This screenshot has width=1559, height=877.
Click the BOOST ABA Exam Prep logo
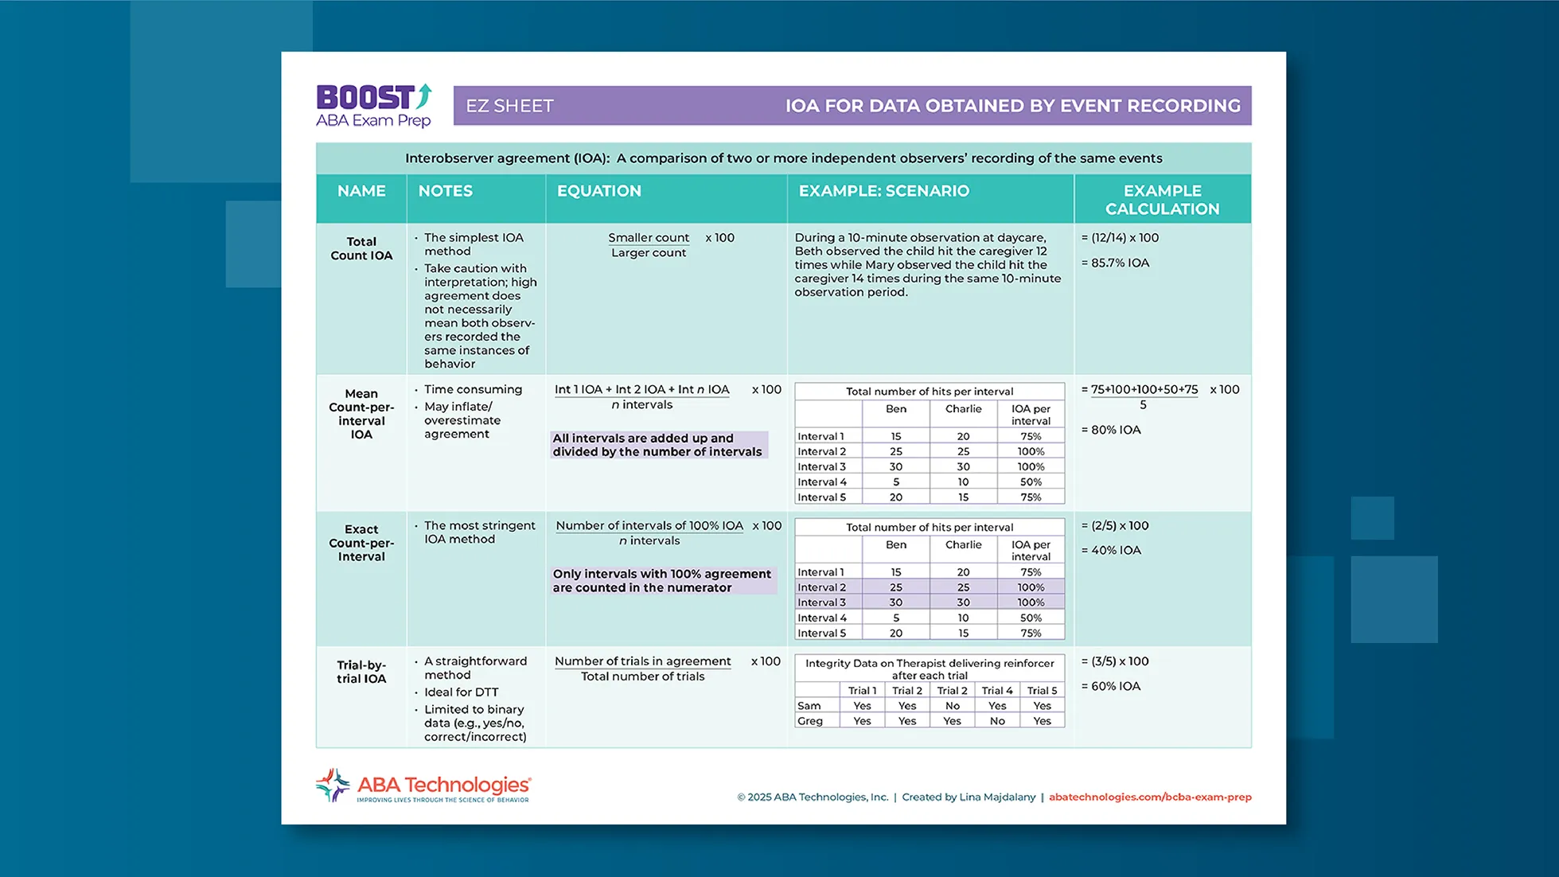pos(373,106)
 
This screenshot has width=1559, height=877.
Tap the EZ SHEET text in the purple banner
pos(509,106)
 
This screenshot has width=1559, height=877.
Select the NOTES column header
pos(445,191)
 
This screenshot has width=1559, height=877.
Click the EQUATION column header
pos(598,191)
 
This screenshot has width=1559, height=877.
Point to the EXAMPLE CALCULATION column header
pos(1162,200)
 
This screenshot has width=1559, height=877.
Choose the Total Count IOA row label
pos(361,248)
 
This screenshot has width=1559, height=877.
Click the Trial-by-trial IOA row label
pos(361,672)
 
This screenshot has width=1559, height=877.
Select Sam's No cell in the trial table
pos(952,706)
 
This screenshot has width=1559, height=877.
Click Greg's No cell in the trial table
pos(997,721)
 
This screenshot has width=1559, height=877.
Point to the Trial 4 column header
pos(997,691)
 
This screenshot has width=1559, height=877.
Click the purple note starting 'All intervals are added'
pos(657,445)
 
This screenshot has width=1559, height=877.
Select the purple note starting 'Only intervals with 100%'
pos(661,581)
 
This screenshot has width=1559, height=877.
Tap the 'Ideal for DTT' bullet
pos(461,692)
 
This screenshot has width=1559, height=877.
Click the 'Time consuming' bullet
pos(473,389)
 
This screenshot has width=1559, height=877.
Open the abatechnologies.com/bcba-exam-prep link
pos(1149,797)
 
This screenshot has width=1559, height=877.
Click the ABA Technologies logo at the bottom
pos(423,786)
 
